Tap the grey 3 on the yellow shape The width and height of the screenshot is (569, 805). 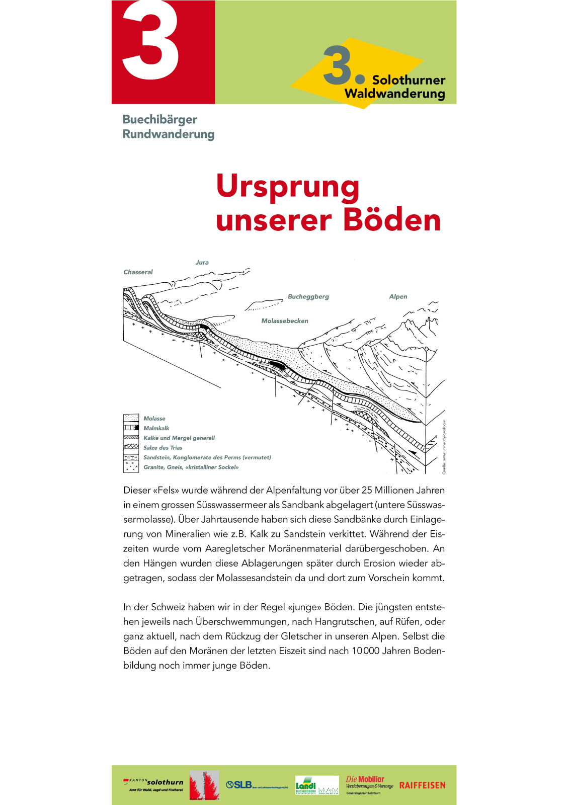[x=337, y=65]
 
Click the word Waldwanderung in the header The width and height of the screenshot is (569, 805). [x=394, y=94]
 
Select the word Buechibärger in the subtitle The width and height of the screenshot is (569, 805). [x=159, y=120]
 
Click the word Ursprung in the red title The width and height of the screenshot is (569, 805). [x=288, y=187]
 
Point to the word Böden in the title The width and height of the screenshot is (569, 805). [x=392, y=220]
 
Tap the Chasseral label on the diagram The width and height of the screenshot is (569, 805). [x=138, y=272]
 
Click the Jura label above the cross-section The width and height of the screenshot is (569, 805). [x=202, y=263]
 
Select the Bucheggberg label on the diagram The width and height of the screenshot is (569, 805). [x=308, y=297]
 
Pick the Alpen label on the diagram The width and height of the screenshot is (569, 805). [x=398, y=297]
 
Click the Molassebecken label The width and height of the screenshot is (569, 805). [x=284, y=321]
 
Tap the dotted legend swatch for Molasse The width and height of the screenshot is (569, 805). [x=131, y=418]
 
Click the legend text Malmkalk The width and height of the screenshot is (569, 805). [x=156, y=428]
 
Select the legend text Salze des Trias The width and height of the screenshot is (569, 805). [x=162, y=448]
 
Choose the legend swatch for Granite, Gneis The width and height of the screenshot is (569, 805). [x=131, y=467]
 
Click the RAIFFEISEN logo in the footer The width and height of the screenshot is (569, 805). [x=422, y=785]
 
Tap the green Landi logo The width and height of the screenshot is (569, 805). [x=306, y=785]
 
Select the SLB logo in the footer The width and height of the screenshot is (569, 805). [x=239, y=785]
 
